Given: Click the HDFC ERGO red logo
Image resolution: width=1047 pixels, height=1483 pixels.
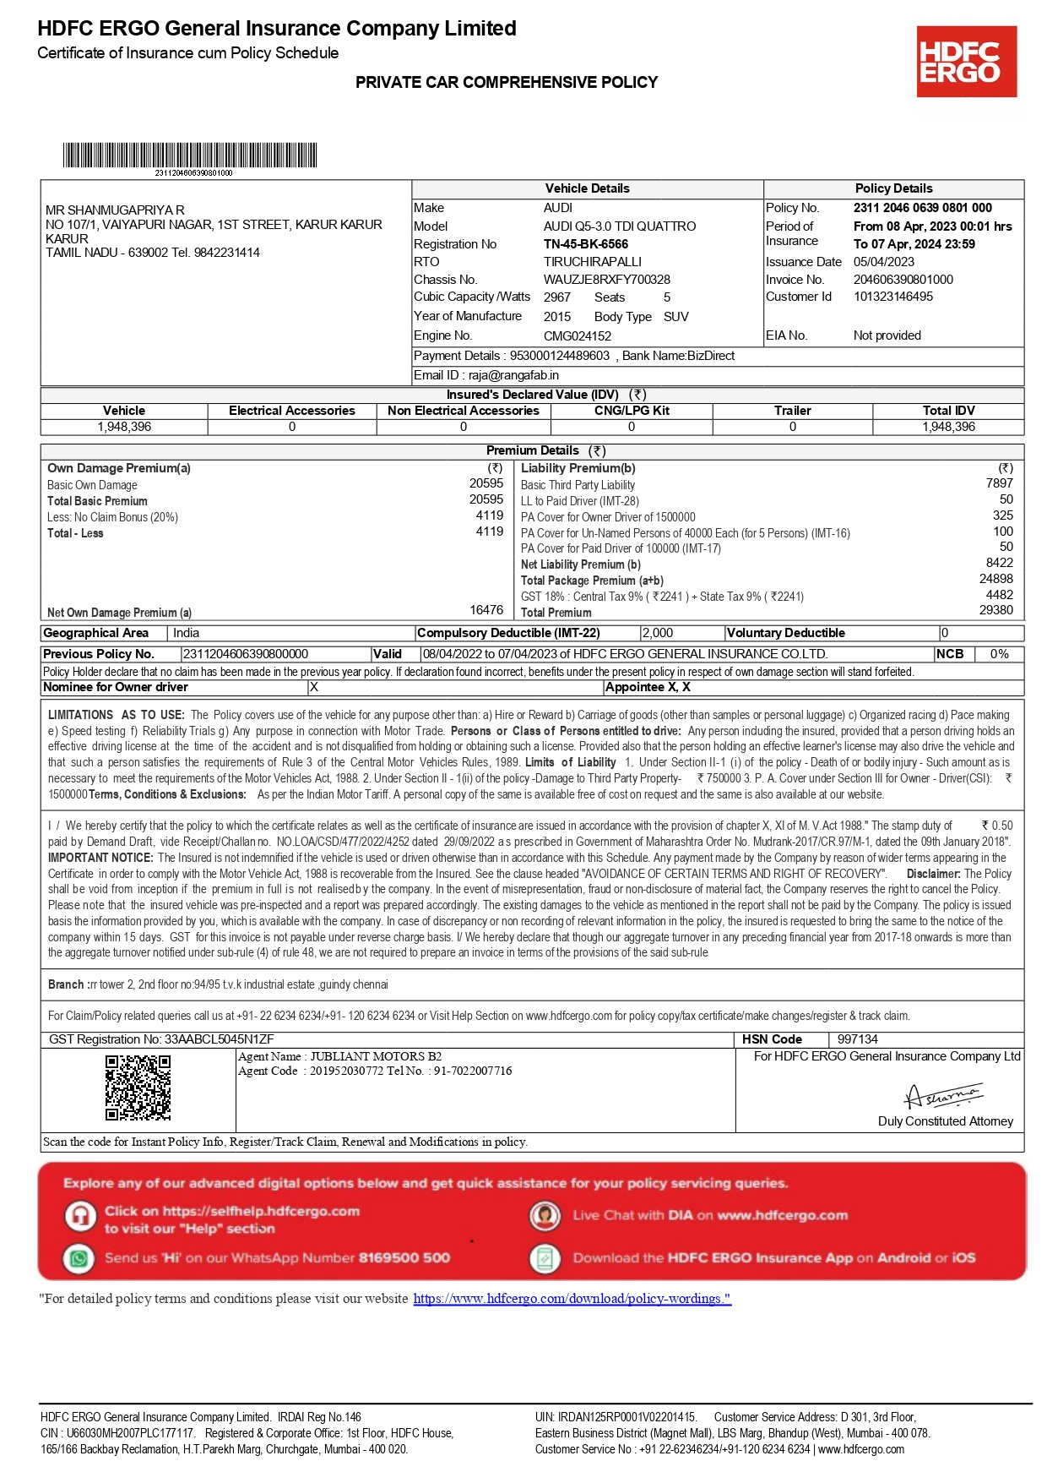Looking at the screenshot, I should coord(966,61).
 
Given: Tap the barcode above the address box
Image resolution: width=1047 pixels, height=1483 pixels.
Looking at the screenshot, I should coord(190,155).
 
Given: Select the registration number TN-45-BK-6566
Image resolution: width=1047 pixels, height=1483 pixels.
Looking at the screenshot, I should coord(585,244).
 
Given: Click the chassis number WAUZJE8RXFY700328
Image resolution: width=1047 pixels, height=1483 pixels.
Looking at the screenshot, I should coord(606,280).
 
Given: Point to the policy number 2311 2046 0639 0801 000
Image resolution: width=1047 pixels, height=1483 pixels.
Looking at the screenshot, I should coord(922,208).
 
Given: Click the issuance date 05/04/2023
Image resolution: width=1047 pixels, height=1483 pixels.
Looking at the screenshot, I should coord(883,262).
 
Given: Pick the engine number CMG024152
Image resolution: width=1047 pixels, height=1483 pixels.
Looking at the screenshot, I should coord(577,335).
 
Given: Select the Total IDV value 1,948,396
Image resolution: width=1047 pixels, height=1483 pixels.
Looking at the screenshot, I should coord(948,427).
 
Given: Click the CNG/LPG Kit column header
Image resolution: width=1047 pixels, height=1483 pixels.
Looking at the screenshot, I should coord(632,411).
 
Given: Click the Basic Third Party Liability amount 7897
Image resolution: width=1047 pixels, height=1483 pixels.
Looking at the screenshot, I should coord(999,483).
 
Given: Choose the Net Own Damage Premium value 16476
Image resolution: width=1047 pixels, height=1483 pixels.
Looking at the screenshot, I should coord(486,610).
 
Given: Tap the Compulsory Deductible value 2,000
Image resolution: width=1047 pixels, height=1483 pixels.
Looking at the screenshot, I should coord(658,633).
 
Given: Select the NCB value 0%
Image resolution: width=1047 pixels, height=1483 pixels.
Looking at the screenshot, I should coord(999,654).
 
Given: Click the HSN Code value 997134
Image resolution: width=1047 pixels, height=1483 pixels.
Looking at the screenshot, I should coord(857,1039).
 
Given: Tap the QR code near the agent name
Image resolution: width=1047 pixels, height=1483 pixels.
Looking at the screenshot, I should coord(138,1088).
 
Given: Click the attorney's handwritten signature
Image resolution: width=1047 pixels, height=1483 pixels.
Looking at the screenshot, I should coord(943,1096).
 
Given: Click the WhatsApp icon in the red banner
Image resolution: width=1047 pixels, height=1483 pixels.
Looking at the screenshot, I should coord(79,1258).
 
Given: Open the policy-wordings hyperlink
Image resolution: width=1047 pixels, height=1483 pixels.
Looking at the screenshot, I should coord(572,1299).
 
